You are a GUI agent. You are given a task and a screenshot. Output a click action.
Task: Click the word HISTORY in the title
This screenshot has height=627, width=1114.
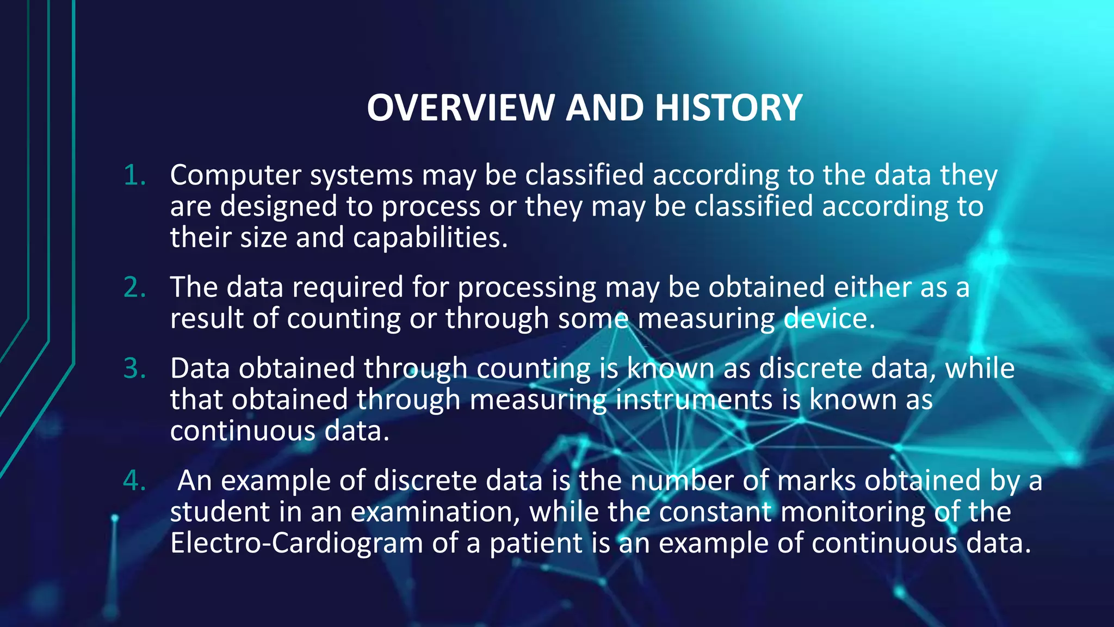click(x=728, y=107)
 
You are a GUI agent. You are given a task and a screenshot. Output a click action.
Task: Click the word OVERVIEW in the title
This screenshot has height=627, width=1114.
click(x=461, y=107)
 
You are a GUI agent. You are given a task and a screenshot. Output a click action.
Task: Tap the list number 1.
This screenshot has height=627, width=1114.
click(x=134, y=175)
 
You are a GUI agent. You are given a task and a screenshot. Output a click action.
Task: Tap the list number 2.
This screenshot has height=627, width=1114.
click(x=134, y=287)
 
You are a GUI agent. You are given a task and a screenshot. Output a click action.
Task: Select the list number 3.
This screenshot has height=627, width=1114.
click(x=134, y=368)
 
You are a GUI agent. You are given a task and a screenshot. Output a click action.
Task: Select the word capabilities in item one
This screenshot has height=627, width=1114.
click(x=430, y=238)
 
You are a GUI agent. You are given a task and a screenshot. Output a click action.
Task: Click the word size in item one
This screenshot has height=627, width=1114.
click(x=263, y=238)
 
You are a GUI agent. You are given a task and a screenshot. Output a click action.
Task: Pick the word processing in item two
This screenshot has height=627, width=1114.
click(x=527, y=287)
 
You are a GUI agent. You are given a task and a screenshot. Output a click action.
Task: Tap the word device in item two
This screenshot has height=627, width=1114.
click(x=829, y=318)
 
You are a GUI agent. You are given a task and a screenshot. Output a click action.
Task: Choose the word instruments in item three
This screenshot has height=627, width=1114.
click(x=694, y=399)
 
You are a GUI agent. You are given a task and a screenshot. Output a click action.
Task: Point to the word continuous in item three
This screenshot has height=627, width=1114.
click(x=242, y=431)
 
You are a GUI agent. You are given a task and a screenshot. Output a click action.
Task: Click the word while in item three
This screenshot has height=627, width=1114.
click(x=980, y=368)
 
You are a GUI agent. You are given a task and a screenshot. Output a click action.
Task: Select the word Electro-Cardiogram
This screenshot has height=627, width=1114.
click(x=296, y=543)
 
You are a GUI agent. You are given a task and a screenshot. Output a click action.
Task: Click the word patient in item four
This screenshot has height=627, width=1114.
click(x=536, y=543)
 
